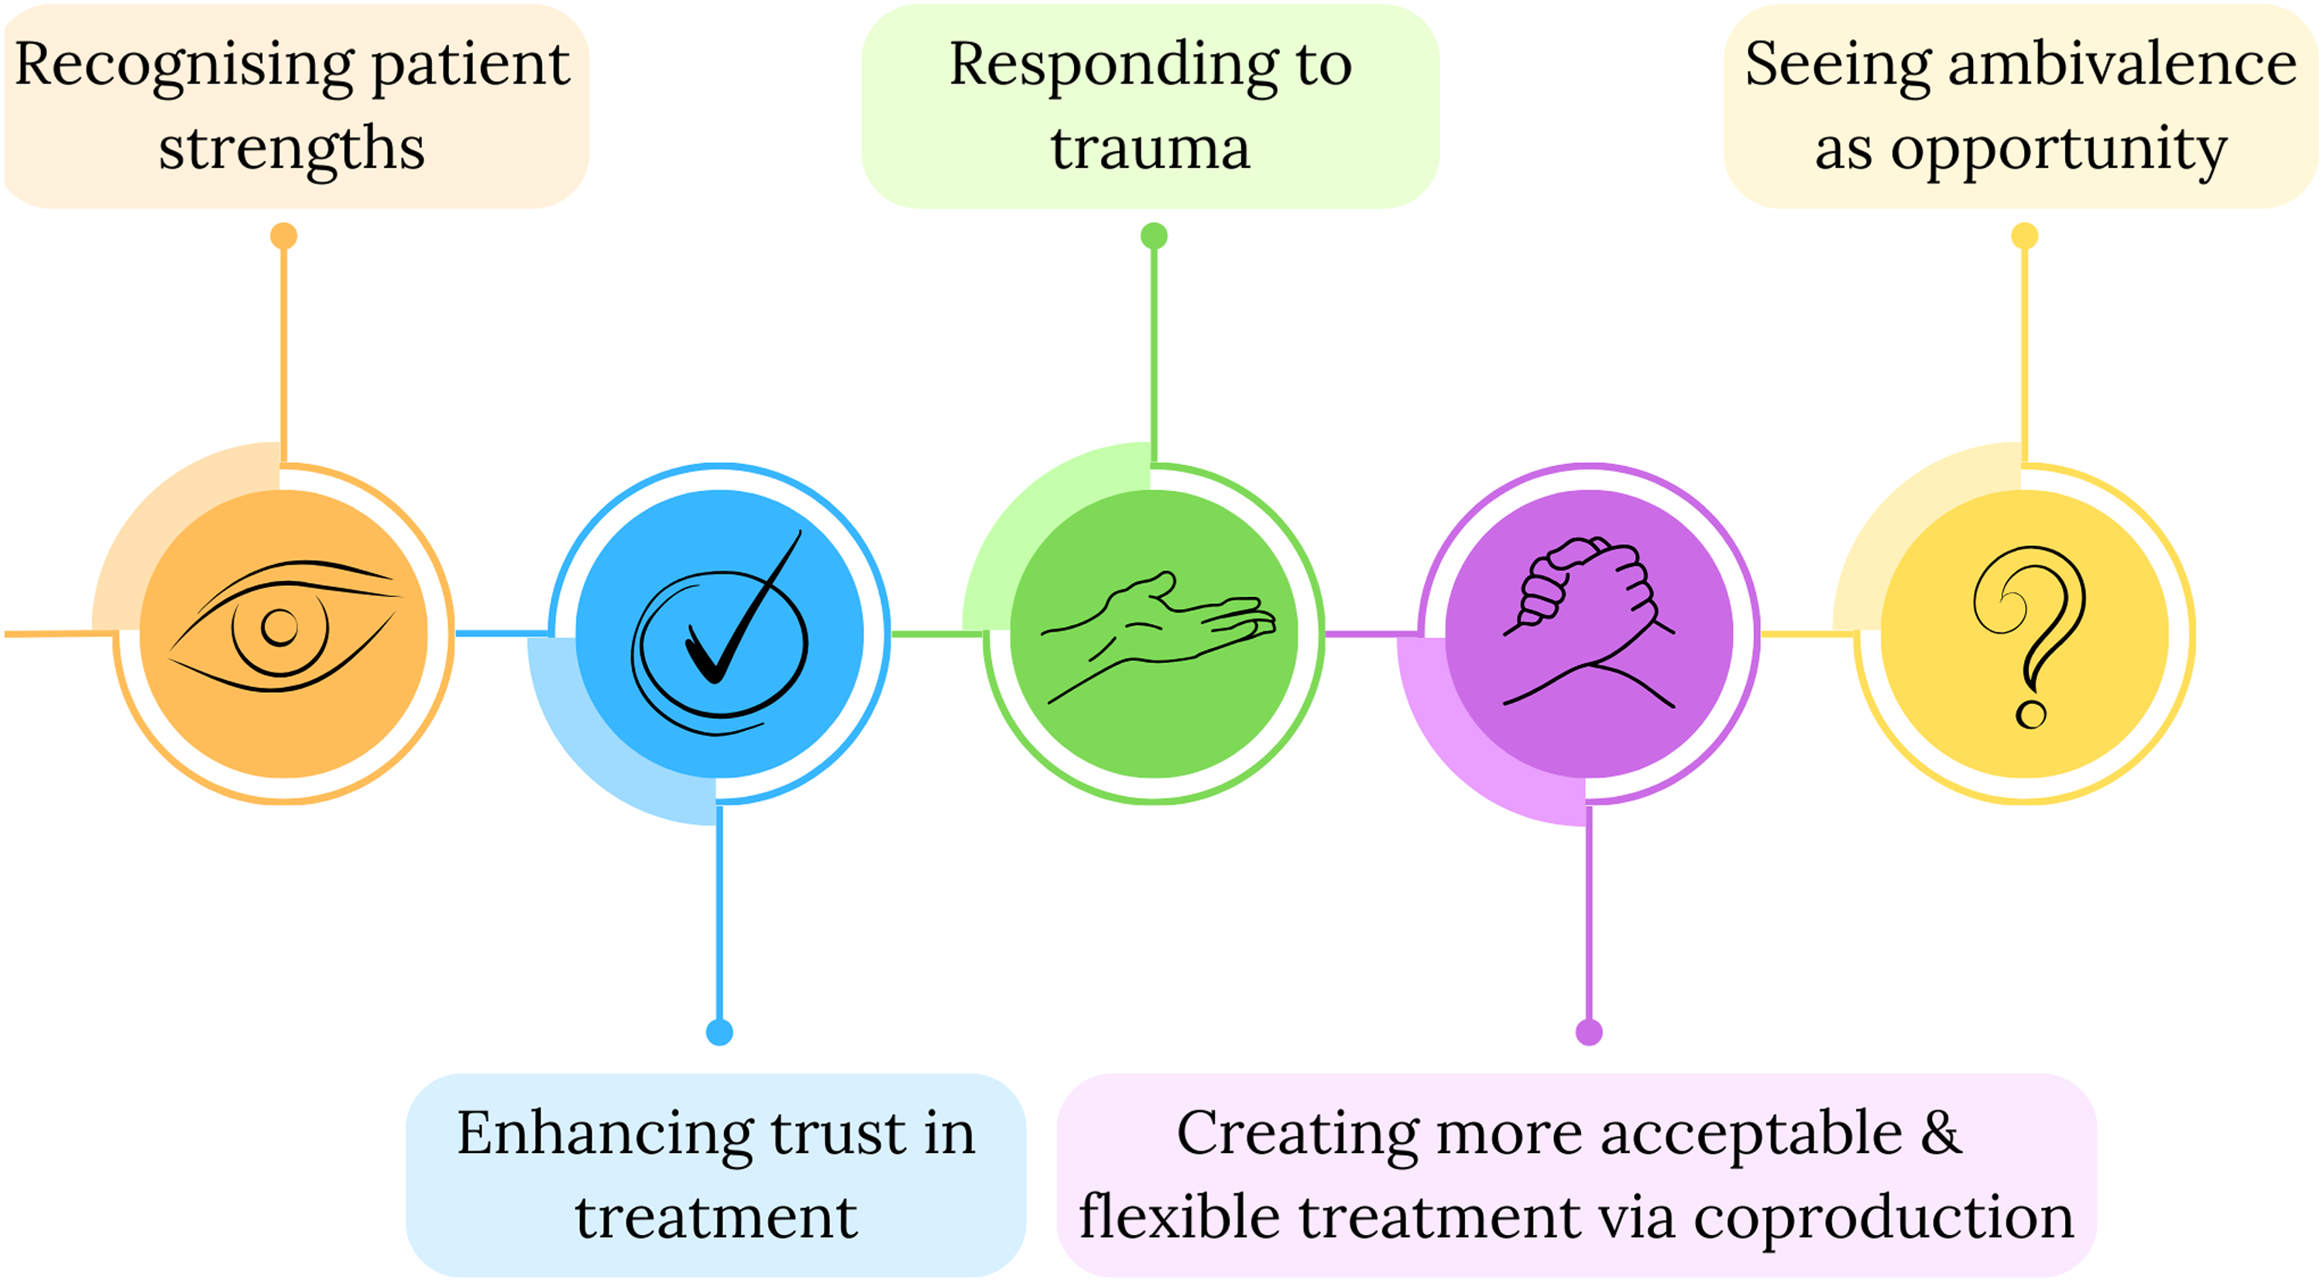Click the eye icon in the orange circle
point(283,626)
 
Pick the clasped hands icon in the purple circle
point(1589,622)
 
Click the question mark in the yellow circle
point(2029,636)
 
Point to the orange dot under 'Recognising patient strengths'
point(284,236)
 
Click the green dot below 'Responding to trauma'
point(1155,236)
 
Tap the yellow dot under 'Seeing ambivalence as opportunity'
point(2025,236)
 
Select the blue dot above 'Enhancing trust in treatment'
point(719,1032)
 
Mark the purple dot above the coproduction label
point(1589,1032)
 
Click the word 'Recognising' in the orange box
point(184,67)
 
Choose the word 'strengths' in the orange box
point(291,150)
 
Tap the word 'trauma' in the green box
point(1151,149)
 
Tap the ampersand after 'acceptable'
point(1940,1133)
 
